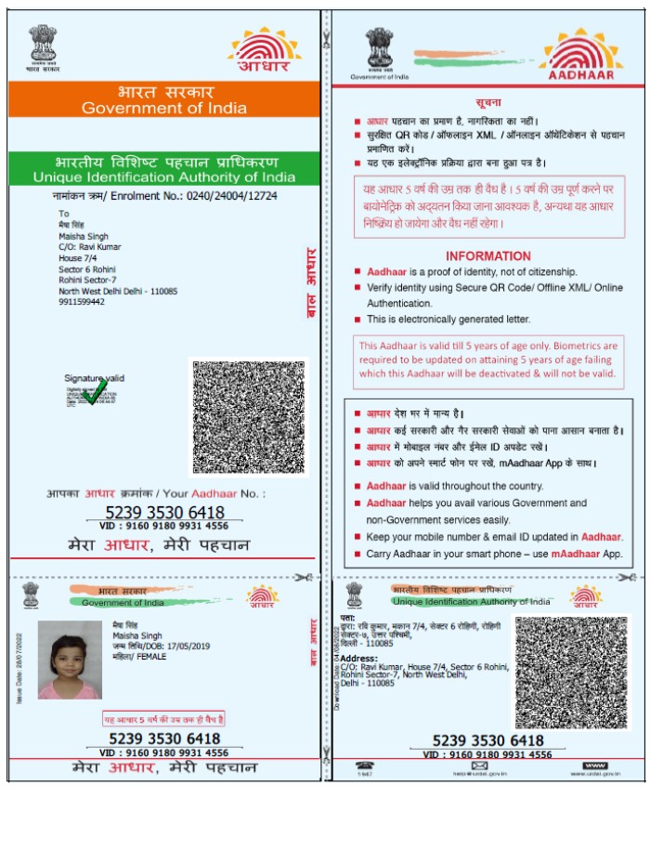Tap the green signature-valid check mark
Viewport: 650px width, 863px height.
94,391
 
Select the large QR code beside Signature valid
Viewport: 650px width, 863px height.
248,416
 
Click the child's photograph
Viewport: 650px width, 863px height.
69,660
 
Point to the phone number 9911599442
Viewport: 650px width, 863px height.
82,302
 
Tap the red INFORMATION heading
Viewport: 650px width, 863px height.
488,256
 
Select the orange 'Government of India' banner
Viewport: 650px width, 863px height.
164,99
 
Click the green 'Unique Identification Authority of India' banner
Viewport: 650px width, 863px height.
164,169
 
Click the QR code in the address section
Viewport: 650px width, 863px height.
571,671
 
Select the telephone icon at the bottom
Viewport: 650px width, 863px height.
365,765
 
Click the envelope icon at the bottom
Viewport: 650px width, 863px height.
479,765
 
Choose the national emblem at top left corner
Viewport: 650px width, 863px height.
43,45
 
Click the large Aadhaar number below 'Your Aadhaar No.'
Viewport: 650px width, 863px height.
164,513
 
